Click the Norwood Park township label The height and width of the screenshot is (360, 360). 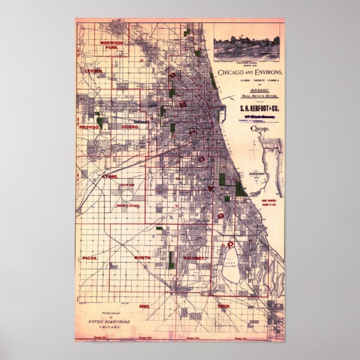click(x=111, y=45)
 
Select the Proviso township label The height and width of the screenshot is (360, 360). click(x=89, y=127)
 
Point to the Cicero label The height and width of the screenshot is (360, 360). click(x=130, y=127)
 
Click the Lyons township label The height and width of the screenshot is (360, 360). click(x=110, y=177)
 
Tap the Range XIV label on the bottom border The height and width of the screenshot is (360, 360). click(x=193, y=339)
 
